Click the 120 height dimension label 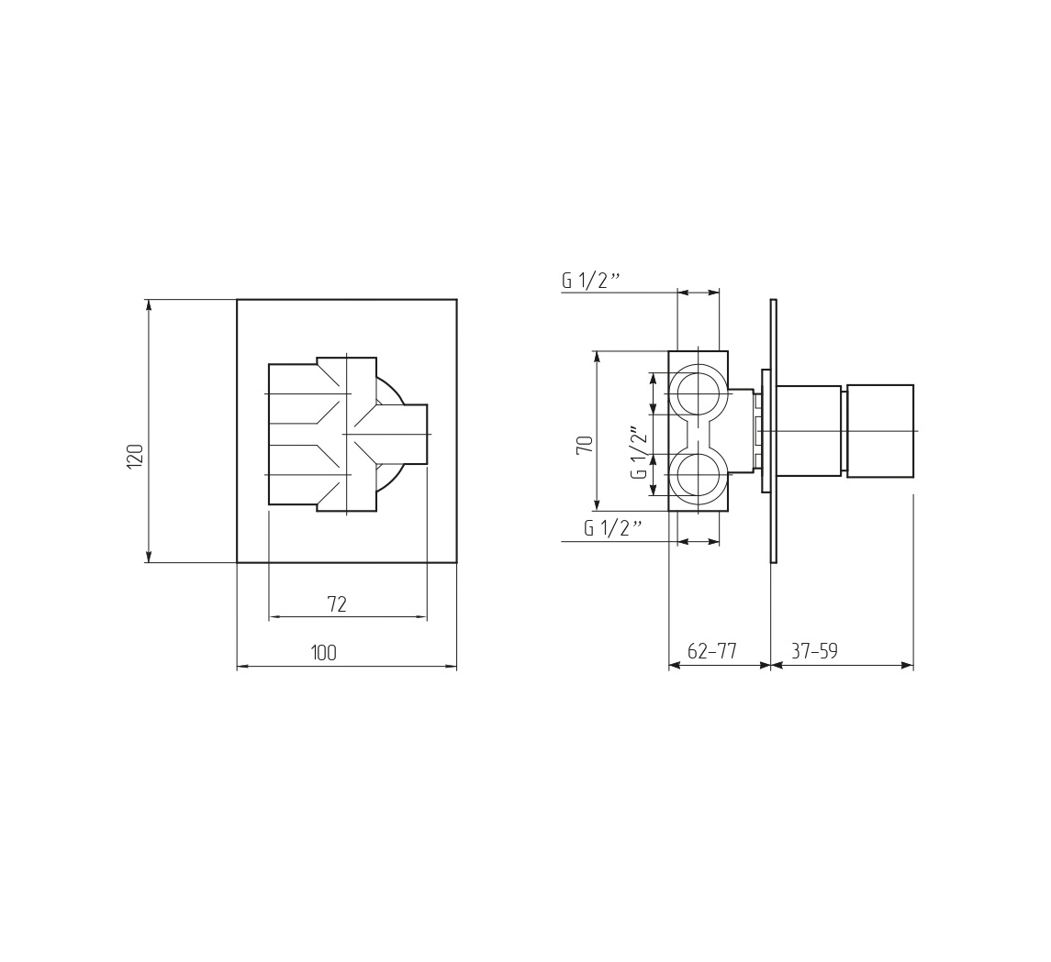[135, 456]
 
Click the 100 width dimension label [324, 653]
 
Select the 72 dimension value [337, 604]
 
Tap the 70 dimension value [585, 445]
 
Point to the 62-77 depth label [712, 651]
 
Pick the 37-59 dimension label [814, 651]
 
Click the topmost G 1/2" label [588, 281]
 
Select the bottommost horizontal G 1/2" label [612, 528]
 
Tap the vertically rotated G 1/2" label [639, 452]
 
